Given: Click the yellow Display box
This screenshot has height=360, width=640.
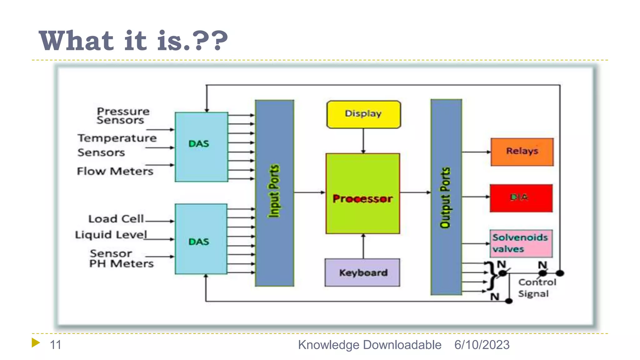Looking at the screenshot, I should (x=363, y=114).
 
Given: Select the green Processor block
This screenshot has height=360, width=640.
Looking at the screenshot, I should (x=362, y=193).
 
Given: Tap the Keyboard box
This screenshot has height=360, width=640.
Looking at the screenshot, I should (x=362, y=272).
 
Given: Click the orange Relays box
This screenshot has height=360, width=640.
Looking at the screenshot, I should (x=522, y=152).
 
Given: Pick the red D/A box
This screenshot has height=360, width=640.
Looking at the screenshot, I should (x=521, y=198).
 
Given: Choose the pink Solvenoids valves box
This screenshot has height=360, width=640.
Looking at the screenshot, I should (x=521, y=243).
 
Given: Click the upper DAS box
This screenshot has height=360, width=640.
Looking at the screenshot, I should (x=201, y=147).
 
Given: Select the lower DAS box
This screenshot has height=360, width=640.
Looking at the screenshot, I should (x=201, y=239).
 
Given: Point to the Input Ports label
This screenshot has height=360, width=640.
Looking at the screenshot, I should (x=274, y=191).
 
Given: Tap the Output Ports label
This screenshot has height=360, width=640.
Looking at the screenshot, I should (x=445, y=197).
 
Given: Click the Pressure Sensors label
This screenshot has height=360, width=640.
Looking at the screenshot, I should (x=122, y=116).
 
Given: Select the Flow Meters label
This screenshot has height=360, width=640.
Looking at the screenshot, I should (x=115, y=171).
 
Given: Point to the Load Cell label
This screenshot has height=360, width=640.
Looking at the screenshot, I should (x=116, y=219).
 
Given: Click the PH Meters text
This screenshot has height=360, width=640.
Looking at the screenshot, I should (x=121, y=264).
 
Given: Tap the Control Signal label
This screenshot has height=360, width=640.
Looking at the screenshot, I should (x=537, y=288).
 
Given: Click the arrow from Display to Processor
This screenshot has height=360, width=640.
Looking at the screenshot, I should (x=363, y=141).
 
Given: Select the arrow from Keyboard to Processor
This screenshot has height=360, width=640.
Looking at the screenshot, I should (x=363, y=246).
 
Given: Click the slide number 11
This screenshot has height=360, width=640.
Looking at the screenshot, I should (x=55, y=345).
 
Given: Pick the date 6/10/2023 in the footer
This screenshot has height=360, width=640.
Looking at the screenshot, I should (x=482, y=345).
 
